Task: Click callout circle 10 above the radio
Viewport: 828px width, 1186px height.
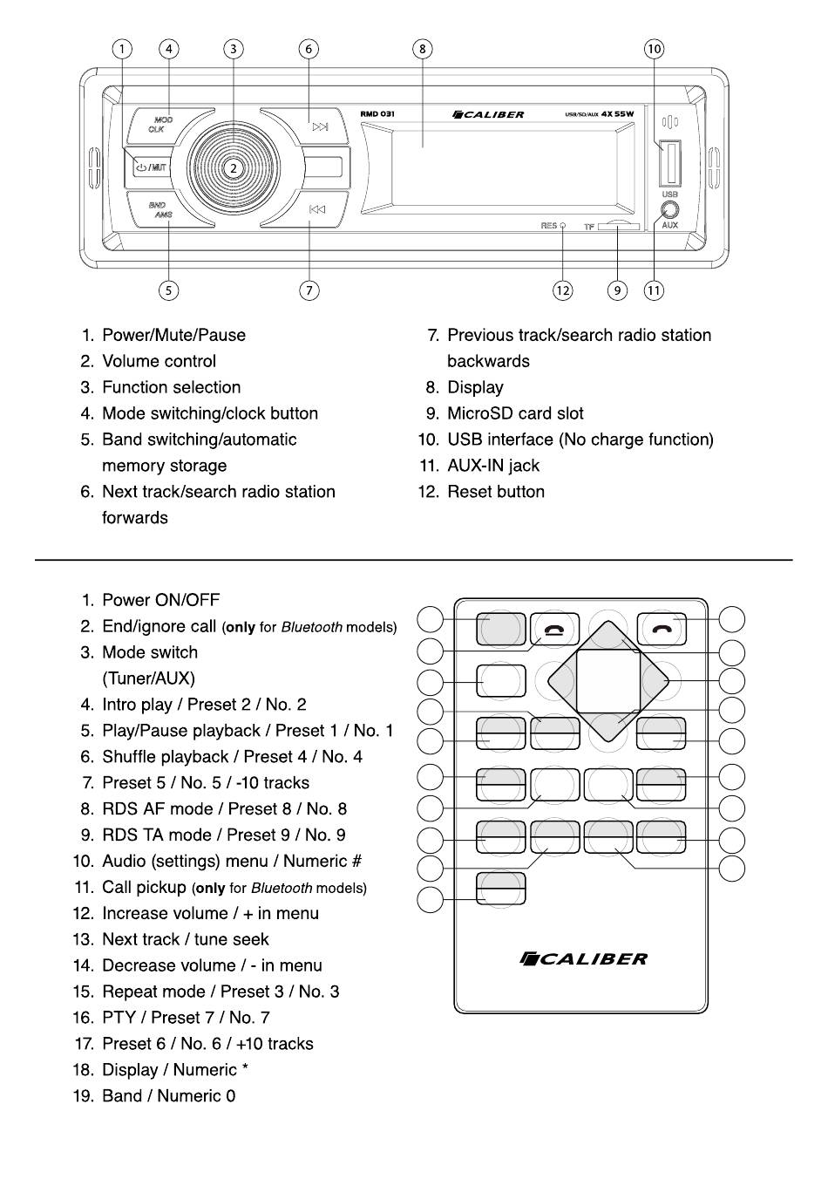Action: [654, 49]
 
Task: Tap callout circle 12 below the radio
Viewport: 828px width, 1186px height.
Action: [562, 290]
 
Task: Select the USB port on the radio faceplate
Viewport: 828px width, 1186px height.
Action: [669, 163]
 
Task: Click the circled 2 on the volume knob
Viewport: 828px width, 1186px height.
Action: [234, 168]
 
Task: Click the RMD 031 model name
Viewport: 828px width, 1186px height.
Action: [377, 114]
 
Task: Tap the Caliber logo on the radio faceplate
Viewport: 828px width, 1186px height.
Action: [488, 114]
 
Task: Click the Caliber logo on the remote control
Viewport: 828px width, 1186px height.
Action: [582, 959]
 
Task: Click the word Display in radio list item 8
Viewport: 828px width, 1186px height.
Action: [475, 387]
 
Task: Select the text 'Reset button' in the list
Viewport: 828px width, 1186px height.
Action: [496, 492]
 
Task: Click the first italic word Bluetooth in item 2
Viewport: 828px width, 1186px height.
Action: [312, 627]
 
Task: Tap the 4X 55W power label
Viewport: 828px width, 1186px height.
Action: [617, 114]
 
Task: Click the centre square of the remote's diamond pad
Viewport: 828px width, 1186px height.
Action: [607, 681]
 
